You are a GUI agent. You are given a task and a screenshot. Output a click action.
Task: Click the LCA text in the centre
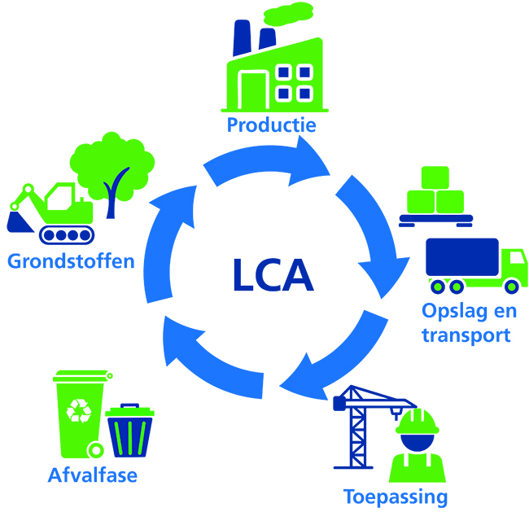pos(273,275)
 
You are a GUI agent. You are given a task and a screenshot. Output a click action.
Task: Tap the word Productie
pos(272,125)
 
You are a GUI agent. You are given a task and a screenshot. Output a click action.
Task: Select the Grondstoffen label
pos(71,261)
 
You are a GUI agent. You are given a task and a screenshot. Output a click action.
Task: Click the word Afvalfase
pos(93,475)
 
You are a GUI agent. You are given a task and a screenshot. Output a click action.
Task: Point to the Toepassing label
pos(396,497)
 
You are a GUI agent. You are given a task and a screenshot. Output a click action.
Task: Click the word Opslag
pos(454,311)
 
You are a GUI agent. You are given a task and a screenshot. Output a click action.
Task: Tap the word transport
pos(466,335)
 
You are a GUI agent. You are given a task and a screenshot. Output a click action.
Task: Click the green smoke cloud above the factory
pos(288,14)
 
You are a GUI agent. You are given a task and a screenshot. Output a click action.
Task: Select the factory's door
pos(253,90)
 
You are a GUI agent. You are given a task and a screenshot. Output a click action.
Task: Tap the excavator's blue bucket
pos(20,222)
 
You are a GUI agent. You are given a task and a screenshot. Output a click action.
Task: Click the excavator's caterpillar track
pos(67,235)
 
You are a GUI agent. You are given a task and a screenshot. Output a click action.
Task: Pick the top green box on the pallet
pos(435,177)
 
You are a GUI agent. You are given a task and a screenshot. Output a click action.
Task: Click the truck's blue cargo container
pos(462,257)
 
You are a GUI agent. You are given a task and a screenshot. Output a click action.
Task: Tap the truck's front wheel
pos(511,287)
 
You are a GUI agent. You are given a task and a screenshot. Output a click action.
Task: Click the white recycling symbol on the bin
pos(79,411)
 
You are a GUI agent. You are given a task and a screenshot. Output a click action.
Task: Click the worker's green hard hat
pos(418,422)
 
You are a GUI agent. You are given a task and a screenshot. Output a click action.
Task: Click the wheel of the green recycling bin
pos(95,450)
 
